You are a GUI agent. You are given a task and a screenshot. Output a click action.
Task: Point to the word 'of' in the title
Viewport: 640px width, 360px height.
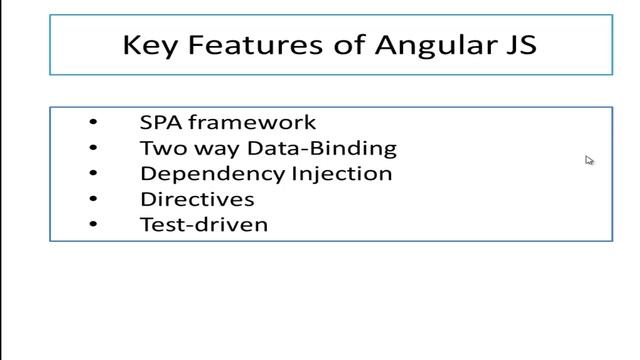pos(319,45)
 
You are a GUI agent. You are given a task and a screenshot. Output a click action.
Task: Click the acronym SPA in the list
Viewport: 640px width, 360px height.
pos(160,122)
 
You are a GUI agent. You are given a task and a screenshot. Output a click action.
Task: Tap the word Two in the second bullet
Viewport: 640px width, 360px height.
pos(160,148)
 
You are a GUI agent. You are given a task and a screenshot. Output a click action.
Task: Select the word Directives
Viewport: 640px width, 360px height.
pos(197,199)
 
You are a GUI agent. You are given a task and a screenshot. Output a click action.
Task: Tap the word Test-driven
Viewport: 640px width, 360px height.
pos(204,224)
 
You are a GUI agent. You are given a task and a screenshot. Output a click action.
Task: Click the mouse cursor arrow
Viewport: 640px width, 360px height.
pos(589,159)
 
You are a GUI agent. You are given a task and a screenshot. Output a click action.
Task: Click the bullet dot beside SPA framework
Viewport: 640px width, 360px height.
pos(93,123)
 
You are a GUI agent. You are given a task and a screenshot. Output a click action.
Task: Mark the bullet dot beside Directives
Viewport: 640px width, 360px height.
pos(93,199)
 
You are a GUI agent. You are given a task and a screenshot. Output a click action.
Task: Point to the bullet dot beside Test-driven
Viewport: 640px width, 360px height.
pos(93,224)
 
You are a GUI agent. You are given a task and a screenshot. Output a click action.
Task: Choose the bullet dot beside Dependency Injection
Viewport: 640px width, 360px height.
pos(93,174)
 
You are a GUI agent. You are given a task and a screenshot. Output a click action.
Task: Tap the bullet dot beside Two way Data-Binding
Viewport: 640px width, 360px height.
pos(93,148)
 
